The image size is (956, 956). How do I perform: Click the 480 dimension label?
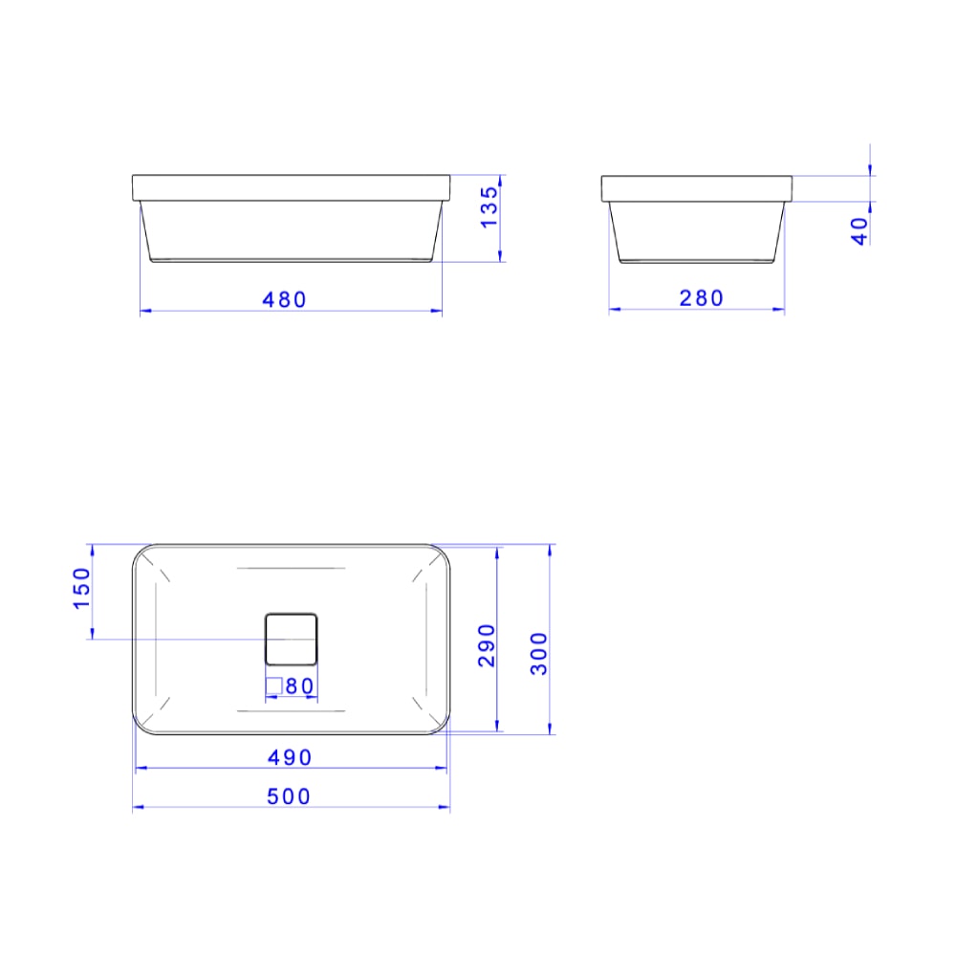(x=285, y=299)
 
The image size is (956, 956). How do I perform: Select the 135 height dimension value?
(x=489, y=207)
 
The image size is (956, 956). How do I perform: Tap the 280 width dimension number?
(x=702, y=298)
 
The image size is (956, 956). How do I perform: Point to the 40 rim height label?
(x=859, y=230)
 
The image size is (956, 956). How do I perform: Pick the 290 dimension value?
(x=487, y=645)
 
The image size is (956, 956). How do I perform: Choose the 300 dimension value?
(x=540, y=653)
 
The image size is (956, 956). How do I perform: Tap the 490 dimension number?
(x=290, y=757)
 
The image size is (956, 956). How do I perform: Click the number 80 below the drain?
(x=300, y=686)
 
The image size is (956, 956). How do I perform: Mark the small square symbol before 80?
(x=274, y=685)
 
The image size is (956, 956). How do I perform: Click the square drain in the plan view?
(x=290, y=639)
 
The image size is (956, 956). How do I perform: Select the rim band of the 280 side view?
(x=697, y=188)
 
